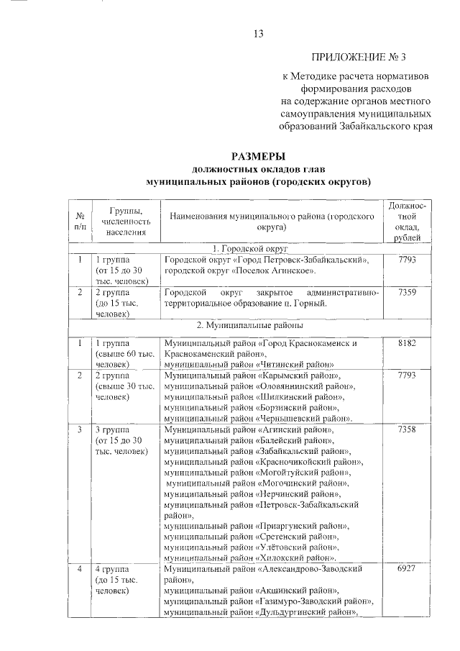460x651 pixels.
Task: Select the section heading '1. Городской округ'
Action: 259,247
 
